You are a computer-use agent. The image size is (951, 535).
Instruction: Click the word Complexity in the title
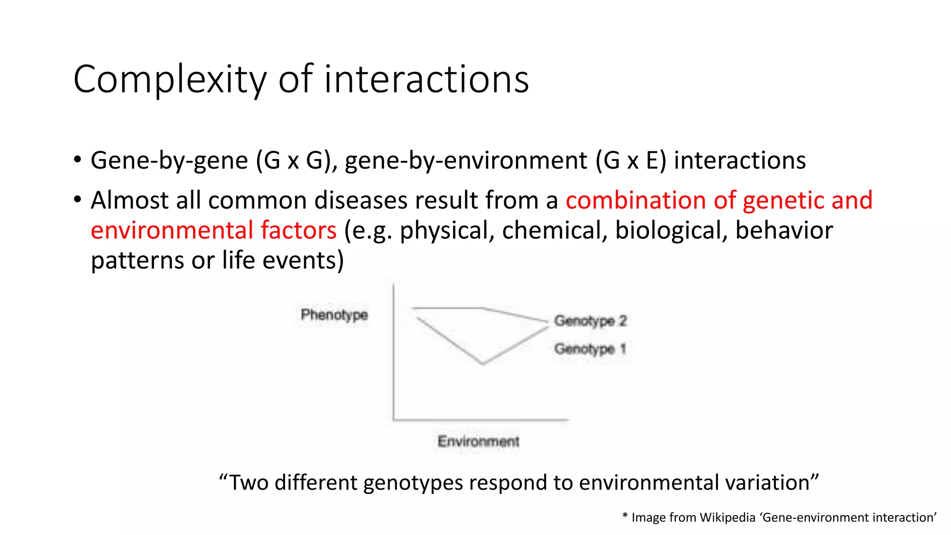169,80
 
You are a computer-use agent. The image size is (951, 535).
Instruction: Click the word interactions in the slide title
426,79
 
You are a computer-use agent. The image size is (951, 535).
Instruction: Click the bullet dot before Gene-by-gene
78,160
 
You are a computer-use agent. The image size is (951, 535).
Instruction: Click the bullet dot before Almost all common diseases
78,200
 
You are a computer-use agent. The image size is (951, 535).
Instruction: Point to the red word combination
635,200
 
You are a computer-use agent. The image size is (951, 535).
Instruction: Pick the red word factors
299,230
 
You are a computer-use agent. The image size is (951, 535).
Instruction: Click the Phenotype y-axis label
334,315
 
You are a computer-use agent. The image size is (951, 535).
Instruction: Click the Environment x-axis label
478,441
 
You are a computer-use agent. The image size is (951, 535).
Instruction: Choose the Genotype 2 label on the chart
590,320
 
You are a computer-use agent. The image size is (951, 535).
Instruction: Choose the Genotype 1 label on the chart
590,349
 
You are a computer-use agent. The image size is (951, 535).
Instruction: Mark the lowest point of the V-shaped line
483,364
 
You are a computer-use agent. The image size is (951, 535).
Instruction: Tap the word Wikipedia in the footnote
727,517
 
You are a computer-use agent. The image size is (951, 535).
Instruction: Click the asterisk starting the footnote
625,516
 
